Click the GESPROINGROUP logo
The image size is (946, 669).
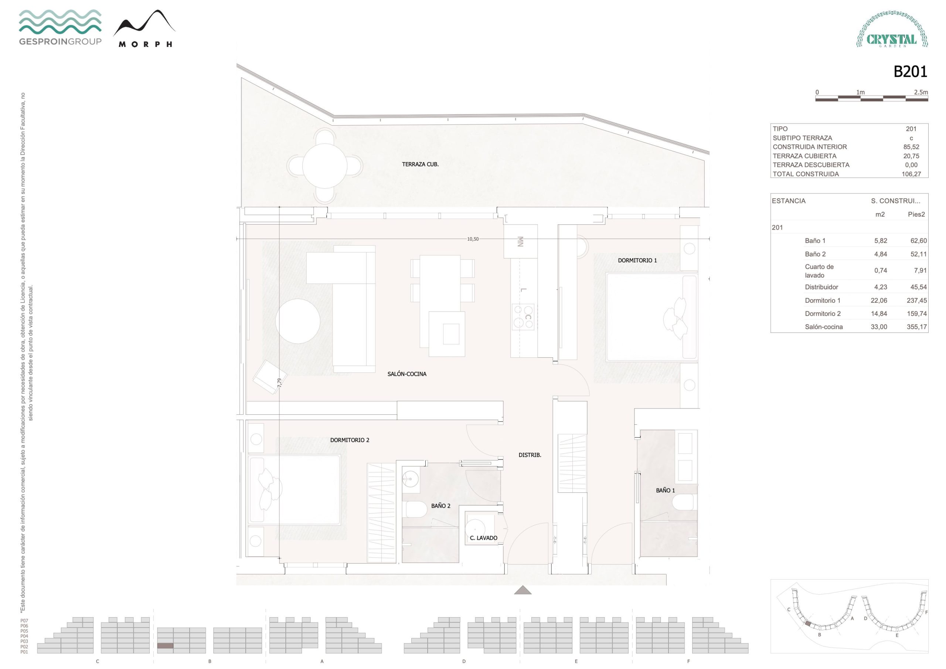(x=60, y=27)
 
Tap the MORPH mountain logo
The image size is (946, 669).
(x=144, y=28)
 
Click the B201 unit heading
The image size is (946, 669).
(x=910, y=72)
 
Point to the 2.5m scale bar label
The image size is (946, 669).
(x=921, y=92)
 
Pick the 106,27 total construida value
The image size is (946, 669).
(x=911, y=174)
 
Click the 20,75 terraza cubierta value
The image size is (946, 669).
(x=911, y=156)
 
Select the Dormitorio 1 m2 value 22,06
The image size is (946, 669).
(x=879, y=300)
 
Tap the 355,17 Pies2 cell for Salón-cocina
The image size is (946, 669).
(x=917, y=327)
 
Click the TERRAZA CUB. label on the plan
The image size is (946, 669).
(x=420, y=164)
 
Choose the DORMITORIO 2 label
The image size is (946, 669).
(x=350, y=440)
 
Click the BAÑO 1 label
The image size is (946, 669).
(x=666, y=490)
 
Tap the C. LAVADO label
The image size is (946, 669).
(x=483, y=538)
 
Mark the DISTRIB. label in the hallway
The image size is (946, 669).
(x=530, y=455)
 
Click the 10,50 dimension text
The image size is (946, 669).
(x=473, y=239)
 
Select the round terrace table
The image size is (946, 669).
(x=325, y=166)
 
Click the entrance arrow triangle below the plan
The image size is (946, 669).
(x=523, y=590)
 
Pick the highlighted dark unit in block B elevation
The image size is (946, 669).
(x=165, y=645)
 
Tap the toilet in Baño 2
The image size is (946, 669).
(x=416, y=509)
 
